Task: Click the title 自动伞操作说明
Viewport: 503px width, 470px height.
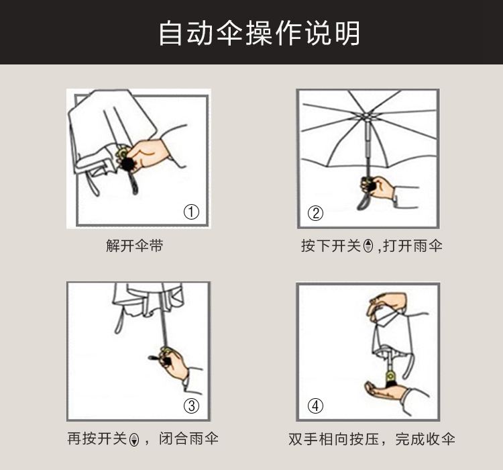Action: tap(259, 33)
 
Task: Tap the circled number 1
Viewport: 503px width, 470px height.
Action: tap(191, 212)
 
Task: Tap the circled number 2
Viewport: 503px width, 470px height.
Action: tap(315, 213)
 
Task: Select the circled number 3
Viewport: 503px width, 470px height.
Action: tap(191, 406)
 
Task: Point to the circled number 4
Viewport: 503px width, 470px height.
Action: tap(315, 406)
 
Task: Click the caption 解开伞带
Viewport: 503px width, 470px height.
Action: tap(135, 246)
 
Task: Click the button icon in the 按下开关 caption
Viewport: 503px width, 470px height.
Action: tap(369, 246)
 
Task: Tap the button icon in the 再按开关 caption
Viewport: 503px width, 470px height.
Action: tap(134, 440)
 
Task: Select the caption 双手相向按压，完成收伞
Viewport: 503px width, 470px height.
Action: tap(372, 439)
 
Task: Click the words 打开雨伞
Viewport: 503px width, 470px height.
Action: tap(413, 246)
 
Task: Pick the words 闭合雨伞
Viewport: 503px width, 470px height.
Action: tap(188, 439)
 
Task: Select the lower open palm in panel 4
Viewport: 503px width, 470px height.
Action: tap(386, 390)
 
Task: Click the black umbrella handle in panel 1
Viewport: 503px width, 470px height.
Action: tap(128, 164)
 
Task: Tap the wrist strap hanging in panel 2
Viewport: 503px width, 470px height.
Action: tap(363, 201)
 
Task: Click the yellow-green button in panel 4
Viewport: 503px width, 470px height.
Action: tap(391, 376)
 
